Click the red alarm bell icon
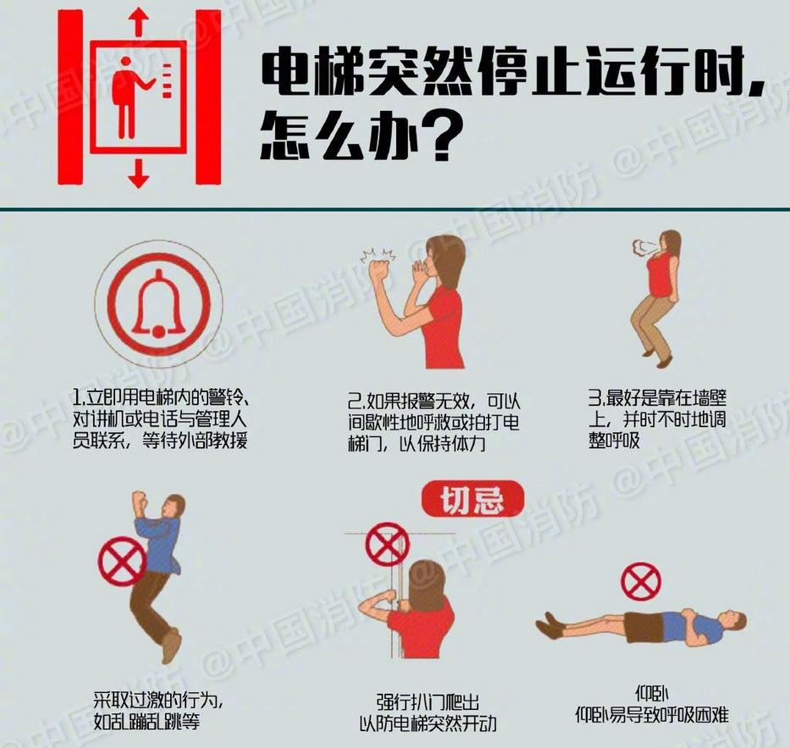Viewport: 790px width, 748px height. coord(157,305)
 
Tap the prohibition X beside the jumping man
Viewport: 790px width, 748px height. coord(123,560)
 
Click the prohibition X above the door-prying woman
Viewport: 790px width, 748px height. coord(387,544)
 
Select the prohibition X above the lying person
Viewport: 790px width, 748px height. coord(641,581)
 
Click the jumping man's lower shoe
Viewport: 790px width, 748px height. coord(171,647)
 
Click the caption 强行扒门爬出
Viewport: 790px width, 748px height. coord(428,702)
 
